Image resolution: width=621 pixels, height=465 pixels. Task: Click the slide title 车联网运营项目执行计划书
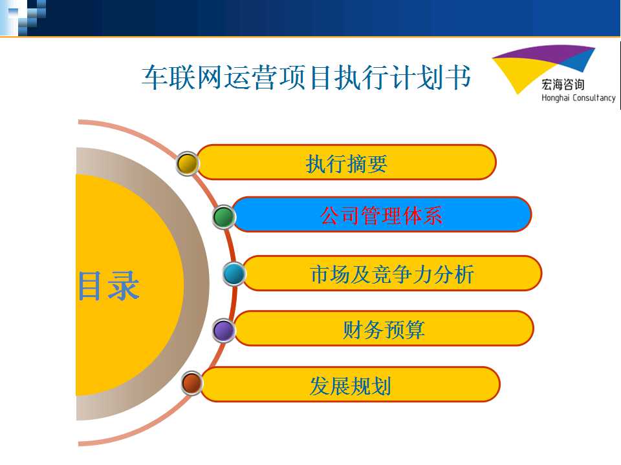[x=306, y=77]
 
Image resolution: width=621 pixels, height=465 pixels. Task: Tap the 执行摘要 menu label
[x=347, y=163]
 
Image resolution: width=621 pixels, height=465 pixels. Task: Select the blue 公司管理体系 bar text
[x=381, y=216]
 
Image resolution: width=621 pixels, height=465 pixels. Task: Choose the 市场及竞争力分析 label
[x=392, y=274]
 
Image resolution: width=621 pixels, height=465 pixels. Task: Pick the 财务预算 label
[x=384, y=329]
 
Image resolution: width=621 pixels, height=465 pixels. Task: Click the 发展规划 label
[x=350, y=386]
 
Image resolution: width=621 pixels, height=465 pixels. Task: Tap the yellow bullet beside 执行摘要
[x=188, y=163]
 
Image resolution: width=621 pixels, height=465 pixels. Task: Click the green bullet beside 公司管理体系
[x=224, y=217]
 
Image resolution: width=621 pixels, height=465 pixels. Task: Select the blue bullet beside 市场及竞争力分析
[x=234, y=274]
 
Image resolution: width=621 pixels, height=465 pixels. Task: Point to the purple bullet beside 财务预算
[x=224, y=330]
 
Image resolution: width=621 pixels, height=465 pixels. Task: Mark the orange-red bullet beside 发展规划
[x=192, y=383]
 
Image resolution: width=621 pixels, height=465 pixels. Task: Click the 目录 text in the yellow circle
[x=109, y=286]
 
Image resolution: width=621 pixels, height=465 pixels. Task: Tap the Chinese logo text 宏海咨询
[x=563, y=84]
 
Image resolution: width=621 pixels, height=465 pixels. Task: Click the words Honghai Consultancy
[x=578, y=98]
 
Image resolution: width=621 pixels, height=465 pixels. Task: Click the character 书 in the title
[x=459, y=77]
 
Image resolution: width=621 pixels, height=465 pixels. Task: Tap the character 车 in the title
[x=155, y=77]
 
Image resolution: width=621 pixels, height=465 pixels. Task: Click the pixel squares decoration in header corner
[x=23, y=18]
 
